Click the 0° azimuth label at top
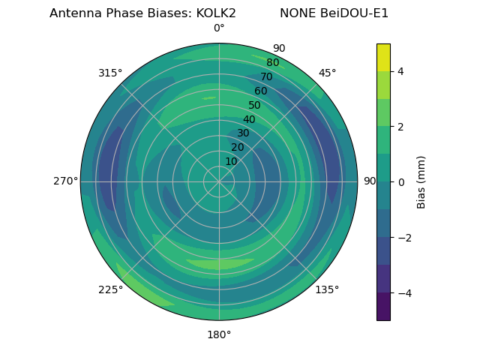[x=219, y=28]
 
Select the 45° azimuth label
[x=327, y=73]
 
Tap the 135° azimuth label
[x=327, y=290]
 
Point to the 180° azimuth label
[x=219, y=334]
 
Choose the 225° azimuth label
[x=110, y=290]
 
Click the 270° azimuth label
[x=65, y=181]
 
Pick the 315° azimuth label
[x=110, y=73]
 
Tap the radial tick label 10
[x=231, y=161]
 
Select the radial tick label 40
[x=249, y=119]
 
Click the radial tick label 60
[x=261, y=91]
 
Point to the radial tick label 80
[x=273, y=62]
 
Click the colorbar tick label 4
[x=400, y=71]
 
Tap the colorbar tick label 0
[x=400, y=182]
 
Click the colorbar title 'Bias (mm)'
[x=421, y=182]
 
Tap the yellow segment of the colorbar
[x=383, y=57]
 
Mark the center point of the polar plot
[x=219, y=181]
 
